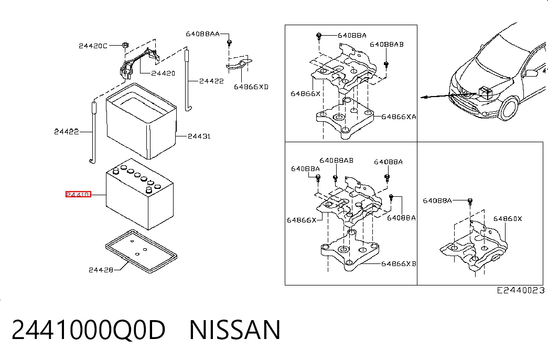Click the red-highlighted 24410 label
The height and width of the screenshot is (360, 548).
[x=78, y=194]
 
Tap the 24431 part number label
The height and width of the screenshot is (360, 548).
[x=199, y=136]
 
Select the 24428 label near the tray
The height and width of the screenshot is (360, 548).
[x=101, y=270]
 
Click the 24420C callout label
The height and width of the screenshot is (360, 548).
[x=93, y=46]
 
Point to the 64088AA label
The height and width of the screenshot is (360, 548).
[x=203, y=34]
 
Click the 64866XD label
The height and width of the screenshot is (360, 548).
[x=251, y=87]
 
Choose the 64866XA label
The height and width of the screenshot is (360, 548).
[x=399, y=117]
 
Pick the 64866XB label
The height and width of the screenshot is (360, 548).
[x=399, y=263]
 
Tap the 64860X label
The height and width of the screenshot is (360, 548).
[x=508, y=219]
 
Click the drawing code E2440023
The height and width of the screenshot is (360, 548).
[x=521, y=290]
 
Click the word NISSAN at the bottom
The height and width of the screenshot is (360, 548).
[x=235, y=330]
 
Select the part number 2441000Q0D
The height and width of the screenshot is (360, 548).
[x=89, y=330]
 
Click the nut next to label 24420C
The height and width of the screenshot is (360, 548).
[x=125, y=45]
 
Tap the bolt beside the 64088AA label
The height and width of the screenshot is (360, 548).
[x=229, y=43]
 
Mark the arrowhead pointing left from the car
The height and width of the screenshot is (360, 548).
[x=424, y=97]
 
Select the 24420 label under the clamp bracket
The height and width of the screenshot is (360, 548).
[x=163, y=73]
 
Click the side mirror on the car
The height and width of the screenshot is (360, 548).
[x=531, y=73]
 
